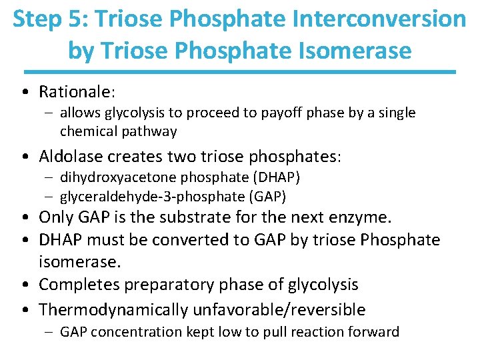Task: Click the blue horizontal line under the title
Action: [x=240, y=71]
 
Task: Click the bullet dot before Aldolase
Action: [x=24, y=157]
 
